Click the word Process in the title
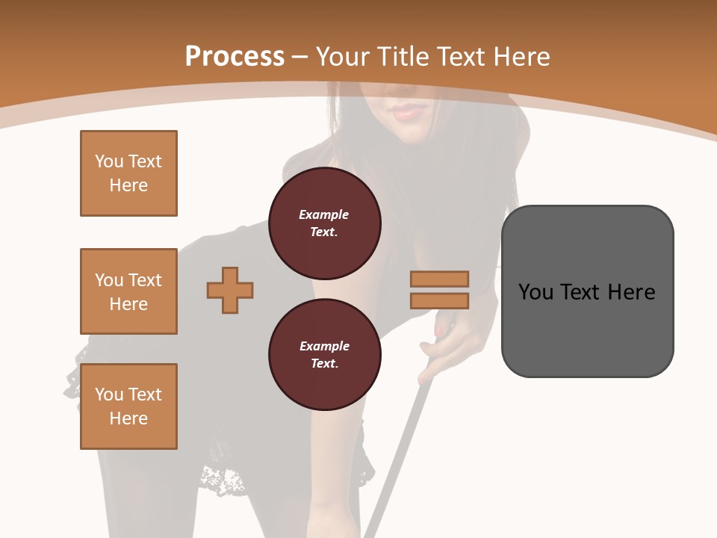coord(234,56)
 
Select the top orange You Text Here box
coord(128,173)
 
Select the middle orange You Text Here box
coord(128,291)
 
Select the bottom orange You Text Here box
coord(128,406)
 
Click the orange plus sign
coord(230,291)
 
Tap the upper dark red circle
coord(324,223)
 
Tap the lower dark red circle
coord(324,355)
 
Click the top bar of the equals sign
coord(439,279)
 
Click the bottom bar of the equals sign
coord(439,300)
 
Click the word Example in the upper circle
coord(323,214)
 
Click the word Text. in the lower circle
coord(324,363)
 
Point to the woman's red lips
coord(407,112)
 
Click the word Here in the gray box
coord(631,291)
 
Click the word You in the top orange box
coord(108,161)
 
